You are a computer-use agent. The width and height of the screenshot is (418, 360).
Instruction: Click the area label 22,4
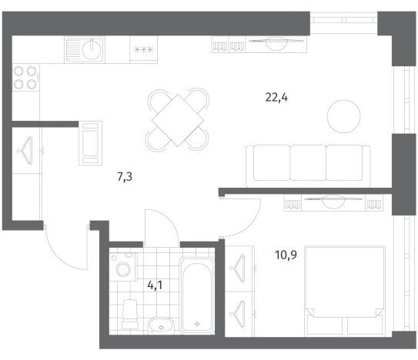point(276,98)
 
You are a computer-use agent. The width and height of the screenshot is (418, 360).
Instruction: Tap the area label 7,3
point(125,177)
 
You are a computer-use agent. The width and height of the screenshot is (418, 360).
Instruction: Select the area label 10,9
point(286,255)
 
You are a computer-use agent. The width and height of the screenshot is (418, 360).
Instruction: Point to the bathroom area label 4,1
point(155,286)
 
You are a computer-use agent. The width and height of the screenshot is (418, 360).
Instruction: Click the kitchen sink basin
point(92,50)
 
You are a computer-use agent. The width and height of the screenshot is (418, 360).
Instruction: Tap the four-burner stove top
point(26,78)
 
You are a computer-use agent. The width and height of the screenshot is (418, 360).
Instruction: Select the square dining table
point(178,120)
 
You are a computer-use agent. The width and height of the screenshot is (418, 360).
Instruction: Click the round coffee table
point(344,116)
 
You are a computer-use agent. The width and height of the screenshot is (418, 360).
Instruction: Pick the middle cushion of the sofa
point(308,163)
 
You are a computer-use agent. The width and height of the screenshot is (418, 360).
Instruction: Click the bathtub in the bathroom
point(197,295)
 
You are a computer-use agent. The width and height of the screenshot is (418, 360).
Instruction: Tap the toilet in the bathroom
point(130,314)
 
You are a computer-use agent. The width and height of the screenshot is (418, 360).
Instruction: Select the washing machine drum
point(123,269)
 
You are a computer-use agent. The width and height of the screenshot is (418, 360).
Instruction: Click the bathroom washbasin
point(161,325)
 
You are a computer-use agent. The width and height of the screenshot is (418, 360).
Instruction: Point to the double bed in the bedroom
point(345,290)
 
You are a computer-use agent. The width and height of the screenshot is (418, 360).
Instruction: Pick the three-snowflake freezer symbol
point(144,49)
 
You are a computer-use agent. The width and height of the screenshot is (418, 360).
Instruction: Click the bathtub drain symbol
point(197,324)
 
